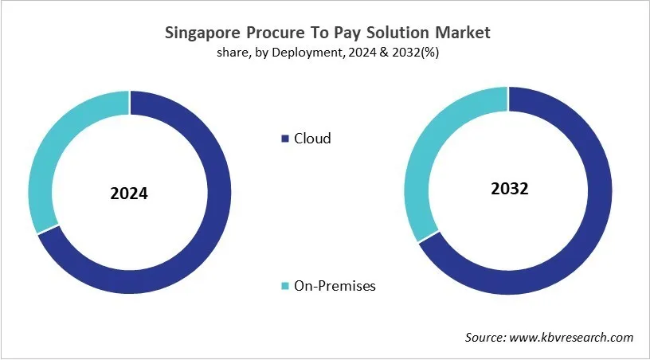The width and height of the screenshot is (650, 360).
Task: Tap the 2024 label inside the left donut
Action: click(129, 194)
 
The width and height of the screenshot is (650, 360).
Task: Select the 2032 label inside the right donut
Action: click(509, 189)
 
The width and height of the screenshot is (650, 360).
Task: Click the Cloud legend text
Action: click(312, 139)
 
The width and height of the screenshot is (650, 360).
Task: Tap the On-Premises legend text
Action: click(335, 285)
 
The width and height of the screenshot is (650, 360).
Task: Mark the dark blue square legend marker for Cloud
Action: click(285, 139)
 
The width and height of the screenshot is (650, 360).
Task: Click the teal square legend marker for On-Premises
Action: click(285, 286)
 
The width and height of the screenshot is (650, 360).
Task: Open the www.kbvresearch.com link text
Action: click(572, 338)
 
